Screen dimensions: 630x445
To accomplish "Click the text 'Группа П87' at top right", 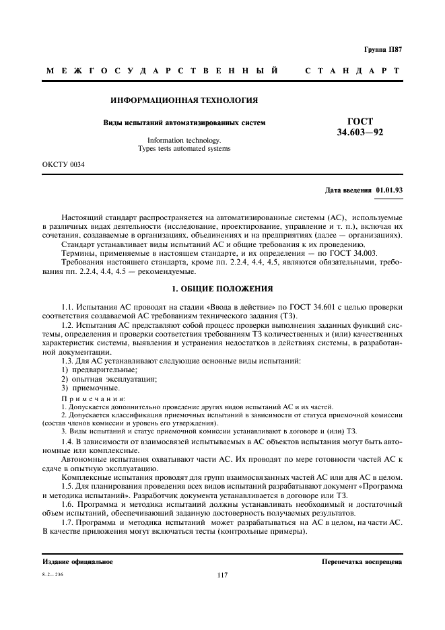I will [x=383, y=49].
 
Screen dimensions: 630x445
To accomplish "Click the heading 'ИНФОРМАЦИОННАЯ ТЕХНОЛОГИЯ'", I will [x=184, y=100].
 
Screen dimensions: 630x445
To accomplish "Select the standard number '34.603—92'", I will [x=360, y=133].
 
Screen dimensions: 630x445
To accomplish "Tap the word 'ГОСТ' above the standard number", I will [x=360, y=121].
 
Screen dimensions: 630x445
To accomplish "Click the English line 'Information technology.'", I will [x=184, y=140].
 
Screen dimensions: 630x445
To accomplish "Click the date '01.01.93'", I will [x=389, y=190].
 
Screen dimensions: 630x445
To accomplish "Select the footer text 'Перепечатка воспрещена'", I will [x=362, y=561].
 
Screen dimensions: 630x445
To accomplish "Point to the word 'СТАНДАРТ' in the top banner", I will [x=353, y=71].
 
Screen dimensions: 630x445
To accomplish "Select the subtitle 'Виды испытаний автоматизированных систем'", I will [x=184, y=123].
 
